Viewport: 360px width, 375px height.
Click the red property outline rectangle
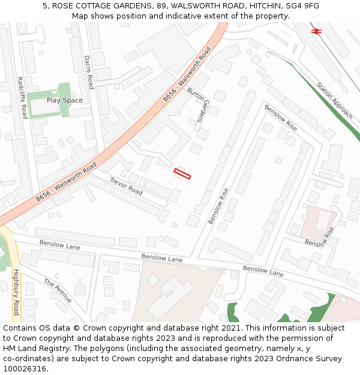click(182, 174)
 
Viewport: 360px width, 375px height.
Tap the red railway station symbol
click(315, 30)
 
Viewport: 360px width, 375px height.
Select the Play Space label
click(65, 100)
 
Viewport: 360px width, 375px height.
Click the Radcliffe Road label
click(22, 98)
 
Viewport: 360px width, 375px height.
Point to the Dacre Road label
click(88, 72)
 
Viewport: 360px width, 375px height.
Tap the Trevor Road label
click(126, 186)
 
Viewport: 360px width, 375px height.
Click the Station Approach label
click(335, 100)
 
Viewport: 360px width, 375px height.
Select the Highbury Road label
click(16, 292)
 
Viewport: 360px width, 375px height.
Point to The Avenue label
click(58, 291)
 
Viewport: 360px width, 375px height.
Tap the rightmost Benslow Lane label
click(263, 271)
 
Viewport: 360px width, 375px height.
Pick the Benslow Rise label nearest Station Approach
click(281, 119)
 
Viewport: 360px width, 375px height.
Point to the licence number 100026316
click(25, 369)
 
